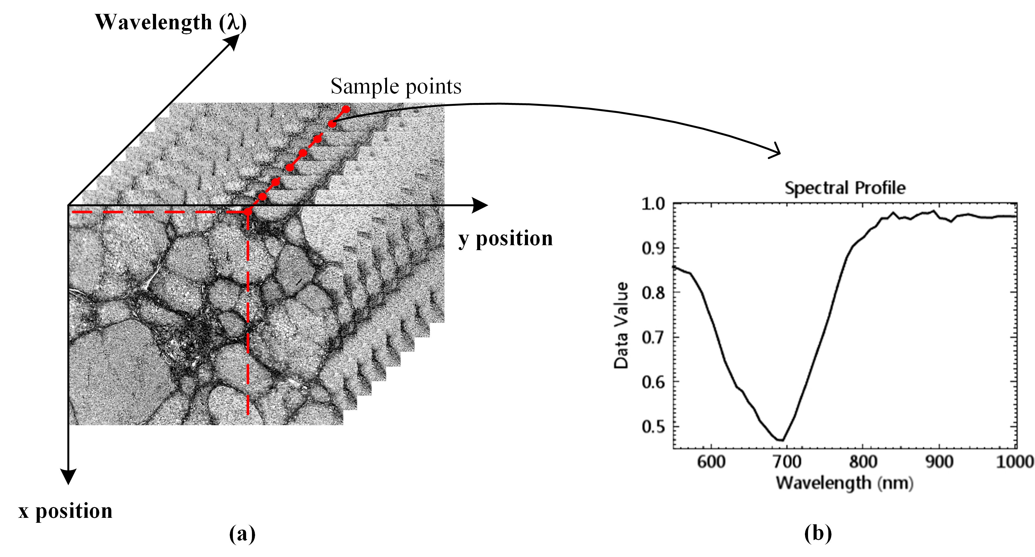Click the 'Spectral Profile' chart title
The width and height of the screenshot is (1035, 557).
point(845,188)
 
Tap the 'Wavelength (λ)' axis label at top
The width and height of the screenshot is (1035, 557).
point(170,22)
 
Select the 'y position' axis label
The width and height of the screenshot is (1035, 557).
point(505,238)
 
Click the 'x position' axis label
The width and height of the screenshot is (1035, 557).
point(65,511)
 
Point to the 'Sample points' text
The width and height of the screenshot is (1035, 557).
point(396,86)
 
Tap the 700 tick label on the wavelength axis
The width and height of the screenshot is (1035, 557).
point(787,462)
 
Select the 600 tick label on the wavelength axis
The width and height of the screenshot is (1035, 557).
point(711,462)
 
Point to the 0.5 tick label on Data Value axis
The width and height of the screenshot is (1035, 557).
point(653,427)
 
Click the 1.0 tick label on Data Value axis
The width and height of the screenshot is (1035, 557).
point(653,204)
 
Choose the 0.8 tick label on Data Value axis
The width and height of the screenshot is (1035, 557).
point(653,293)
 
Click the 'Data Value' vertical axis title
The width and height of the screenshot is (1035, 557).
point(621,325)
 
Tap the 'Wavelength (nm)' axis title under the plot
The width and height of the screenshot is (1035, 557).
point(844,483)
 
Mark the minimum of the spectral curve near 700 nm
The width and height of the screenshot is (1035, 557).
point(781,440)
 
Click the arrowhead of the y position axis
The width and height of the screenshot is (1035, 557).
point(481,205)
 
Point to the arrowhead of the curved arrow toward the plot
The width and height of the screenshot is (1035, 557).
point(776,152)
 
